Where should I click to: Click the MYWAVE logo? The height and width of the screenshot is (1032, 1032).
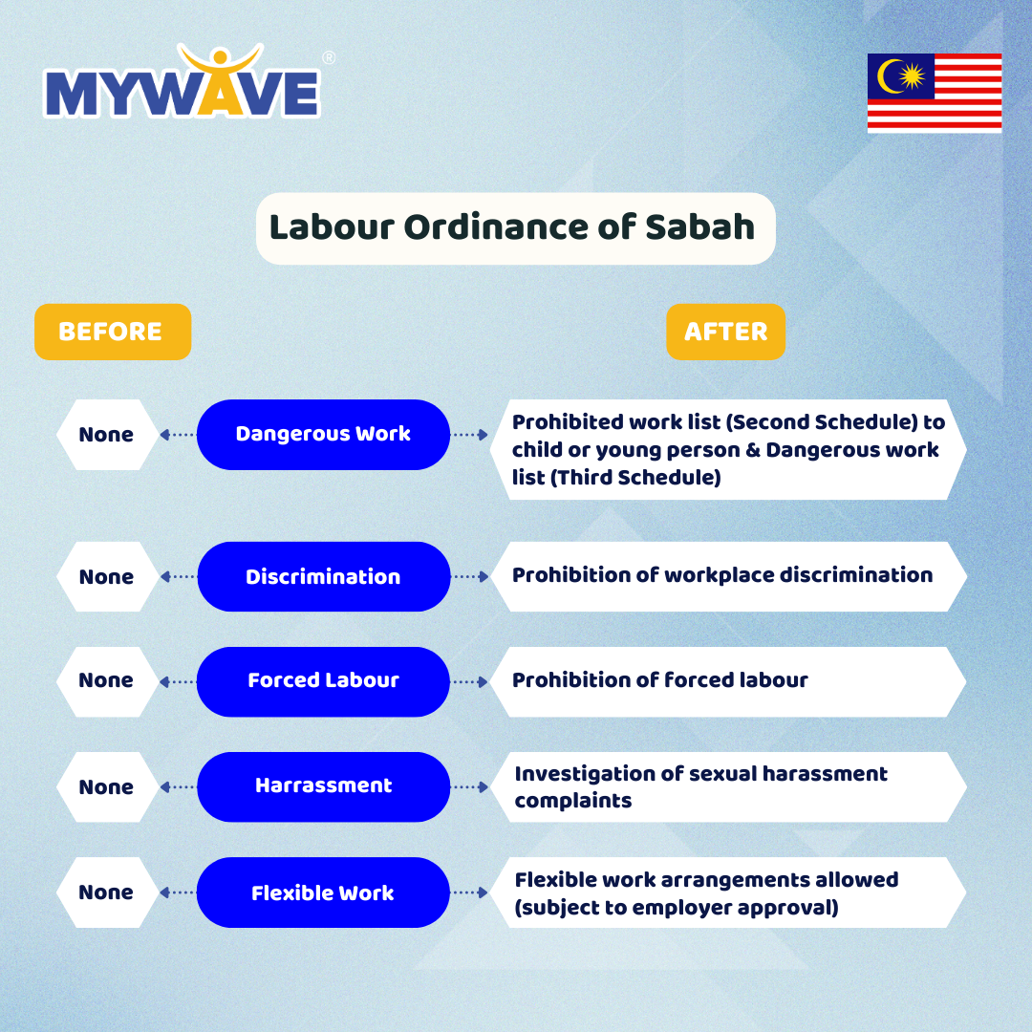(183, 81)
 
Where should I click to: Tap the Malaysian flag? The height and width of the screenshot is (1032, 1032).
(935, 93)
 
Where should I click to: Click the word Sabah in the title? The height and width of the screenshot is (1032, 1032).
(699, 227)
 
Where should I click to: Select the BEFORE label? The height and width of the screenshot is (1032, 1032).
(113, 332)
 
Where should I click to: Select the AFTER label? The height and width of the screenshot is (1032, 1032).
(726, 332)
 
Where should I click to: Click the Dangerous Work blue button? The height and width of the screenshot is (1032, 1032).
(323, 435)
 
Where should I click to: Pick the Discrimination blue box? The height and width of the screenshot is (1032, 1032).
(323, 576)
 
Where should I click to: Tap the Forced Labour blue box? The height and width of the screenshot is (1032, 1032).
(323, 682)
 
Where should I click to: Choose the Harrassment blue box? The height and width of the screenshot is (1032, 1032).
(323, 787)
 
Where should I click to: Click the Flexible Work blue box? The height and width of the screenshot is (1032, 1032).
(323, 892)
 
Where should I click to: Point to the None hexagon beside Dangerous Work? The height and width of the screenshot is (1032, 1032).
(107, 435)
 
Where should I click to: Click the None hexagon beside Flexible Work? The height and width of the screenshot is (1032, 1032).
(107, 892)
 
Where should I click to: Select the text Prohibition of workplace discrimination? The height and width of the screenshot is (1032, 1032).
(722, 575)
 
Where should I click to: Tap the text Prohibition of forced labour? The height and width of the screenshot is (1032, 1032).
(659, 680)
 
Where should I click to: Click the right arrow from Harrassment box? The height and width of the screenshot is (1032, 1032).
(470, 787)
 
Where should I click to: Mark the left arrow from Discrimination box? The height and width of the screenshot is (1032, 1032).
(178, 576)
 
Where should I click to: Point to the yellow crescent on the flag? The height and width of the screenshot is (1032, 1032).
(890, 76)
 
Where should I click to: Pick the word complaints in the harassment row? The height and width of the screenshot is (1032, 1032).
(573, 801)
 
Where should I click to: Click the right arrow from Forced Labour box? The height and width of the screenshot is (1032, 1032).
(470, 682)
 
